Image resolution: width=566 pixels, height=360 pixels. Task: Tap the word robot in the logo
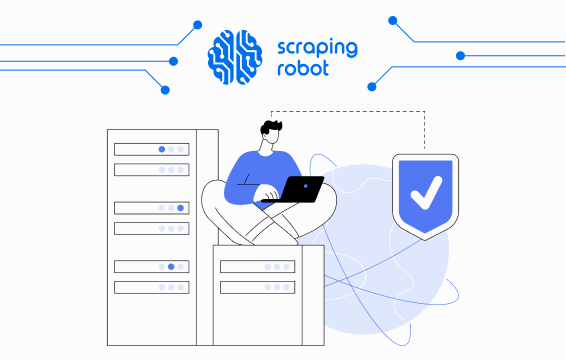click(x=301, y=71)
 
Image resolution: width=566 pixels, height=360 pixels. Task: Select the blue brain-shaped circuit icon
click(x=237, y=54)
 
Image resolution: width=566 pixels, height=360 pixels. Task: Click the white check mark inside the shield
click(x=425, y=190)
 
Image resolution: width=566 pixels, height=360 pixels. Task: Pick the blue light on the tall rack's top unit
click(x=162, y=149)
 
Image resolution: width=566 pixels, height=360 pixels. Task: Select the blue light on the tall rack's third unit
click(x=180, y=208)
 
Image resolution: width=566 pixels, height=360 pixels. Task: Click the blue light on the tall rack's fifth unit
click(x=171, y=267)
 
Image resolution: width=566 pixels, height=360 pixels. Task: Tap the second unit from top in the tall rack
click(x=151, y=170)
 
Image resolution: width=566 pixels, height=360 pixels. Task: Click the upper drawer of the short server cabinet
click(x=257, y=267)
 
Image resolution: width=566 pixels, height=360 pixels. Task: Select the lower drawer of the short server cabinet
click(x=257, y=288)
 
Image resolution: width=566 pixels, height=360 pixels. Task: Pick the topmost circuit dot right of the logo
click(x=393, y=19)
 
